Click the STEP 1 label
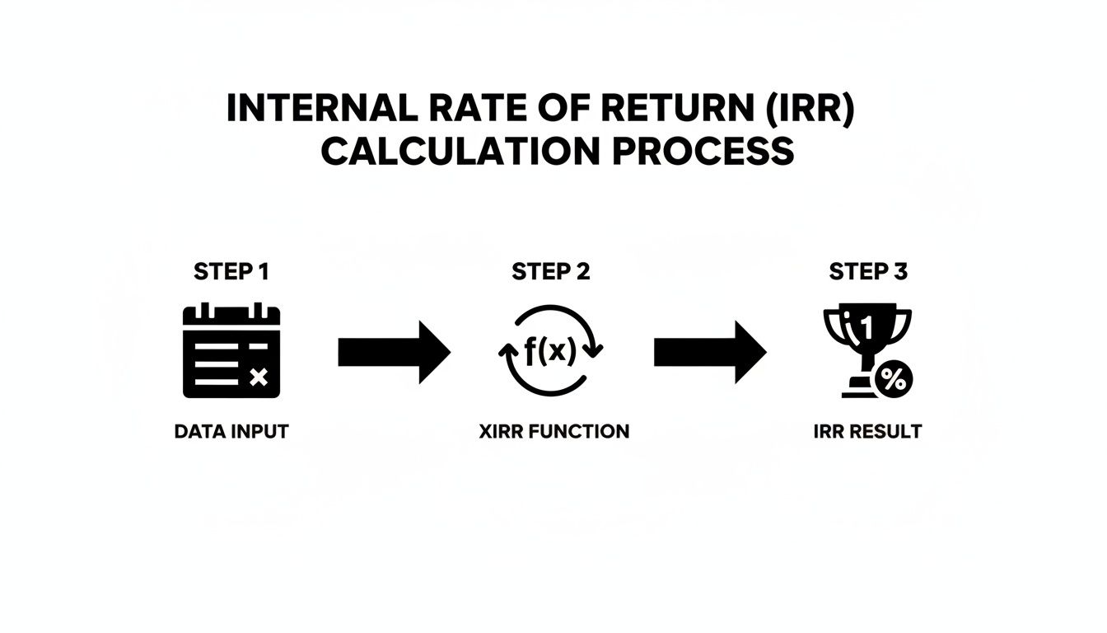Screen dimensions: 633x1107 [231, 271]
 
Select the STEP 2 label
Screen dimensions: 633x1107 [551, 271]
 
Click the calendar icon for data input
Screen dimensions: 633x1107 [231, 350]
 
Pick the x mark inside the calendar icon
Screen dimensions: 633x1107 [259, 377]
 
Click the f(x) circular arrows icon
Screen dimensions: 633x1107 [551, 351]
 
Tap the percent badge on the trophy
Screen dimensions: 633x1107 [892, 380]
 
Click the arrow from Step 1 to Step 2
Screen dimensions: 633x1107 [394, 352]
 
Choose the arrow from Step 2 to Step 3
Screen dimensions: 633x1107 [709, 352]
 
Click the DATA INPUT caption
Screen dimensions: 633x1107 [231, 431]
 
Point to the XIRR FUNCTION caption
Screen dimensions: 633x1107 [553, 431]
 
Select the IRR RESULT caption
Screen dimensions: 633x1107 [867, 431]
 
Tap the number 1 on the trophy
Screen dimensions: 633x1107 [865, 327]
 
